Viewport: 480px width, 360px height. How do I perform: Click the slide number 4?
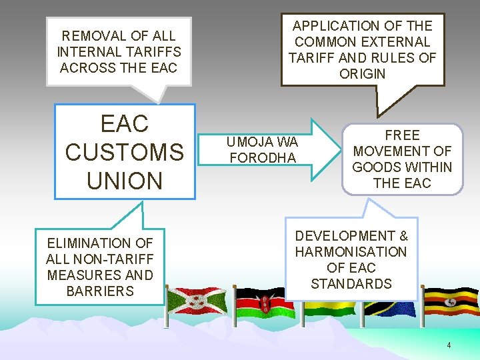449,345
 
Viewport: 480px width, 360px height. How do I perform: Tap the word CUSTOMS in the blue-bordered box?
125,152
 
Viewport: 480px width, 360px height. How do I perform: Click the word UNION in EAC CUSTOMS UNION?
125,181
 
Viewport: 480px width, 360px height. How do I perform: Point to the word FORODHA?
262,158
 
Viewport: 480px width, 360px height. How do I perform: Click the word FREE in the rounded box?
402,135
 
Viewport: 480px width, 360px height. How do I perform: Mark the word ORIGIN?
362,74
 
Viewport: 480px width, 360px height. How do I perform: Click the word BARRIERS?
100,291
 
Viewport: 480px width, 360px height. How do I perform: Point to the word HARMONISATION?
351,252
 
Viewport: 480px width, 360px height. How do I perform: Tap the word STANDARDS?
351,284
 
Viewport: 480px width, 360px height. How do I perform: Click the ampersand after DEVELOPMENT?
403,236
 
